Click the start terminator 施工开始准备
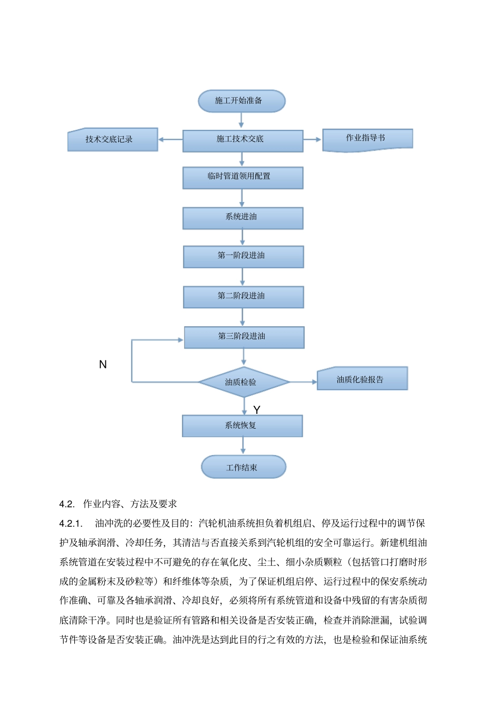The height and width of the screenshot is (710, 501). click(242, 101)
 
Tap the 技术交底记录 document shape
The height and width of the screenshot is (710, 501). click(112, 140)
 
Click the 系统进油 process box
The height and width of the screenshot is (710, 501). click(243, 217)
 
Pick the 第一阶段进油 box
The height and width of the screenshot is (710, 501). click(243, 257)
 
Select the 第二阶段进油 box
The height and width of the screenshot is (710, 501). click(243, 297)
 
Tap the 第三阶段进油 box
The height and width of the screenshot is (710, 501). click(244, 337)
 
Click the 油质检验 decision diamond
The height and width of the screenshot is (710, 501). click(244, 382)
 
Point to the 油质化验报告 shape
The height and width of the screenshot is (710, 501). click(362, 379)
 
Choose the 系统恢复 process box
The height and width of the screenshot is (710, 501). click(242, 425)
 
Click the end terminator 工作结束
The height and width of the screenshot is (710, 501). click(243, 467)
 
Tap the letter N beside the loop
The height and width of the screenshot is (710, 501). click(103, 364)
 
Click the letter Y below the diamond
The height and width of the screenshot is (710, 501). click(257, 410)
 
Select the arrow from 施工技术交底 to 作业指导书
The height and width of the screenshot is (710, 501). click(312, 139)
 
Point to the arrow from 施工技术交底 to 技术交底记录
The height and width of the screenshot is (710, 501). click(170, 139)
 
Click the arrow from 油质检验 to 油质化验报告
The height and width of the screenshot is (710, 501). click(303, 382)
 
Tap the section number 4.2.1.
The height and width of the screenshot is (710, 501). click(71, 523)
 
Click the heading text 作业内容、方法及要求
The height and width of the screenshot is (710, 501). click(130, 504)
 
